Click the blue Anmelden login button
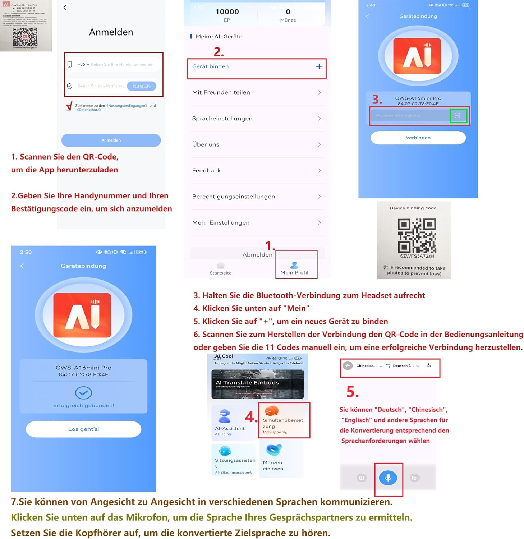point(111,140)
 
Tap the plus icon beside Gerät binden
point(319,66)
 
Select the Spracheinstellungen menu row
point(257,119)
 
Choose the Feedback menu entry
point(257,171)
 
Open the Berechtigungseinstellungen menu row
point(257,197)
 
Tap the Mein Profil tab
point(294,268)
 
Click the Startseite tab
point(221,268)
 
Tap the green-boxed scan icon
point(458,115)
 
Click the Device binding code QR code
point(417,236)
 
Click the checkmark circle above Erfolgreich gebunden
point(83,393)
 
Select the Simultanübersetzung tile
point(283,420)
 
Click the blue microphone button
point(388,478)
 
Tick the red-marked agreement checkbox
point(69,107)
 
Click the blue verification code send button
point(141,86)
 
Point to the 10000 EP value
point(227,12)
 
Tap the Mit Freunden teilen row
point(257,92)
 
